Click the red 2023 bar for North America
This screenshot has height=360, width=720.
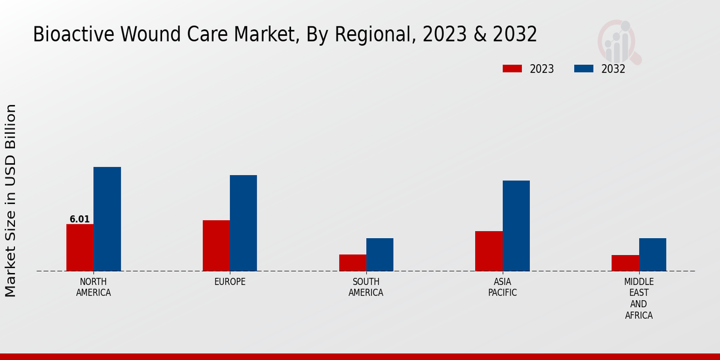(x=80, y=247)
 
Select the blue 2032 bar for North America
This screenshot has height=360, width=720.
(x=107, y=219)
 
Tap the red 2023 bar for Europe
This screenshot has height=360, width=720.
(x=216, y=245)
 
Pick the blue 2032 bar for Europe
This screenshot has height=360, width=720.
(x=243, y=223)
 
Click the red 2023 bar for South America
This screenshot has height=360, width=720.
(x=352, y=263)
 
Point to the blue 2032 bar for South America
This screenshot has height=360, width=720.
(x=380, y=254)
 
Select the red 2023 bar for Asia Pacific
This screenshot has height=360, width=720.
(x=488, y=251)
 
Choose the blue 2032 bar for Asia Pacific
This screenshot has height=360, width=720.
(x=516, y=226)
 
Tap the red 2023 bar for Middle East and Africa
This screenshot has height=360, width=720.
(x=625, y=263)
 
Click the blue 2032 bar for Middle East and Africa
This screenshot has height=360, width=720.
(x=652, y=254)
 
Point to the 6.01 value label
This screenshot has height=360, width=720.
(x=80, y=219)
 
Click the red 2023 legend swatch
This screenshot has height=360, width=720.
(x=512, y=68)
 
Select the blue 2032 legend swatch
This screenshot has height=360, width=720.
(x=583, y=68)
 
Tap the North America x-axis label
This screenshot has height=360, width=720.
(x=94, y=287)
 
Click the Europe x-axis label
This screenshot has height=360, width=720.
(x=230, y=282)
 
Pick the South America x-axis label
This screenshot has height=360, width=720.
(x=366, y=287)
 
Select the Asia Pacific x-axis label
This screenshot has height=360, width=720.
(x=502, y=287)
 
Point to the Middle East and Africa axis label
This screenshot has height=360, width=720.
(x=639, y=298)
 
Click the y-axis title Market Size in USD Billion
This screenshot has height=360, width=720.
(x=11, y=200)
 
